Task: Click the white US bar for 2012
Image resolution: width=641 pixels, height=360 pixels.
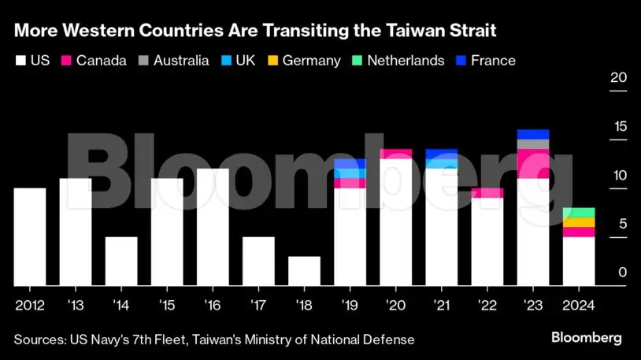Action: [30, 236]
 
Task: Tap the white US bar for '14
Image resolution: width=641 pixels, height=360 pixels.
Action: [121, 261]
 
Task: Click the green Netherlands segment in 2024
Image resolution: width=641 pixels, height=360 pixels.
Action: [579, 213]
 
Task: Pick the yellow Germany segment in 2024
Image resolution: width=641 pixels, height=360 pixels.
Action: [579, 222]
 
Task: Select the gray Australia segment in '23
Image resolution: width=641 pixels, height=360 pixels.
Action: [533, 144]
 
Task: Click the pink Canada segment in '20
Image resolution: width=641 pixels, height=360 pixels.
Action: [395, 154]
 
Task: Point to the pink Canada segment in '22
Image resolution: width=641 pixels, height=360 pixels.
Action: [487, 193]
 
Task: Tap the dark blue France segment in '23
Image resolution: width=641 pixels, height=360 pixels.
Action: [533, 134]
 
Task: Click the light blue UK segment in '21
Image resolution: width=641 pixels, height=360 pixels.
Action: [441, 164]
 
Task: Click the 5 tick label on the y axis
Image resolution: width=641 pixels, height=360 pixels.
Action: [622, 225]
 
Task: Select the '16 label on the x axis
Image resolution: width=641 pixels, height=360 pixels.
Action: [213, 305]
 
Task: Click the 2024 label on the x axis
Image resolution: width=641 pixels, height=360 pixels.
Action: [579, 305]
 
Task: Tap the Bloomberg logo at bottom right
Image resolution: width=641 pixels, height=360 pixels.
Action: [586, 338]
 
